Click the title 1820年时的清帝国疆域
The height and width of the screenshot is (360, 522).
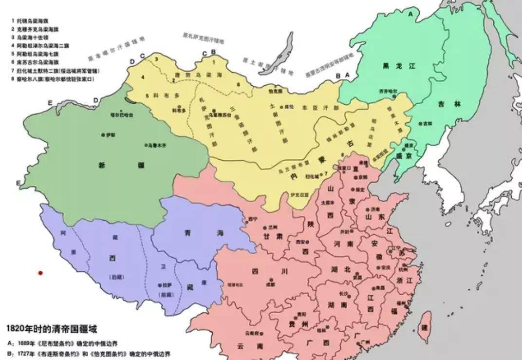51,329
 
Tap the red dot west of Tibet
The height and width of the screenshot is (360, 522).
41,273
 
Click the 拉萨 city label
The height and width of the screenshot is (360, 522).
166,285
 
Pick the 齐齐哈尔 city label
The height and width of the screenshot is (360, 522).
388,91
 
